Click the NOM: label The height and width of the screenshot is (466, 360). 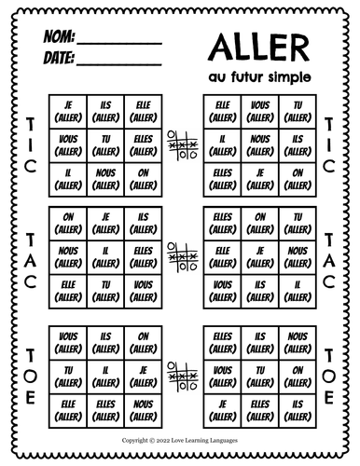coord(59,39)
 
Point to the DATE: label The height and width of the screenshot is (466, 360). coord(57,60)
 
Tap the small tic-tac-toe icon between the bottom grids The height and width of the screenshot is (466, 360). coord(180,374)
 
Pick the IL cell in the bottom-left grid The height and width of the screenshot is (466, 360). coord(105,374)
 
